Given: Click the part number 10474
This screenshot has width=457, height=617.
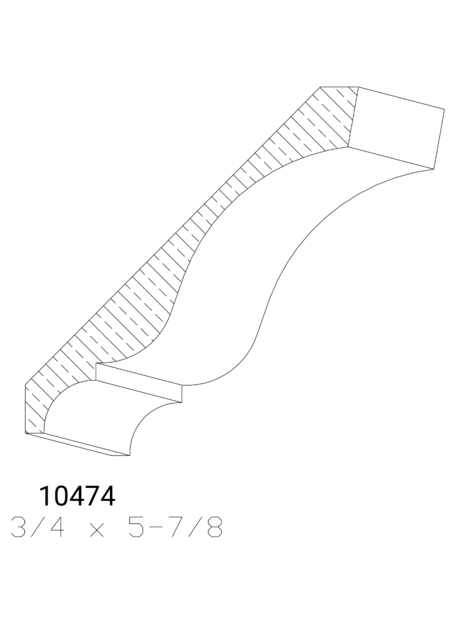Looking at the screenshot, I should [77, 496].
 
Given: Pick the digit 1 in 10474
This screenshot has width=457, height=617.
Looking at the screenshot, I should [46, 496].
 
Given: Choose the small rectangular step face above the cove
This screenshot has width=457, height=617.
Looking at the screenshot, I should [139, 383].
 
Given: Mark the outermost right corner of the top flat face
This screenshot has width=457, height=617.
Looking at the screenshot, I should [444, 108].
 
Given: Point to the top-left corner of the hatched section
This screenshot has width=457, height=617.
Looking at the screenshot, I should [320, 87].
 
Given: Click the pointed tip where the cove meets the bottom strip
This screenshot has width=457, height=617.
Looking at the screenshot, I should [130, 456].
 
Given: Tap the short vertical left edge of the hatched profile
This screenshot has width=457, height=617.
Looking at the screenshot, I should [25, 409].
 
